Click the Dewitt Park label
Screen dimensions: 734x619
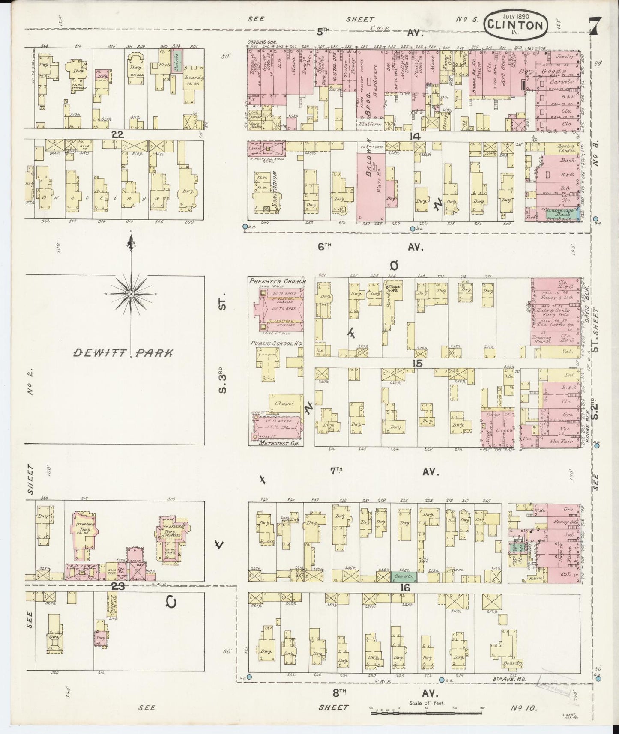pos(123,353)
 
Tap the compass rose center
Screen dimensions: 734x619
pos(131,294)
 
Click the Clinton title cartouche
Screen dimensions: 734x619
pos(516,25)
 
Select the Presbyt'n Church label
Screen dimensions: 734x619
pos(277,282)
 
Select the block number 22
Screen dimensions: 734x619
pos(117,134)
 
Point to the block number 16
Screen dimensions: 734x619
pos(405,588)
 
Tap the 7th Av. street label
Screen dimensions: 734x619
pos(383,471)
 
